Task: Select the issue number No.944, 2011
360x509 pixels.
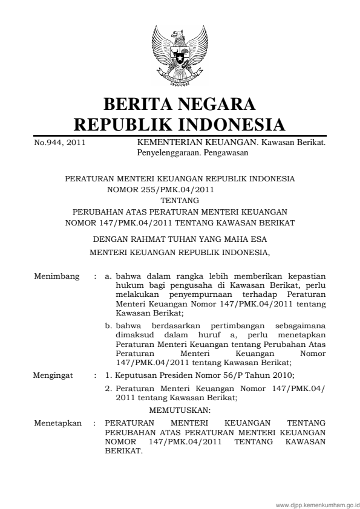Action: (53, 143)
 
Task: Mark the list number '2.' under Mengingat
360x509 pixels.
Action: (109, 389)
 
